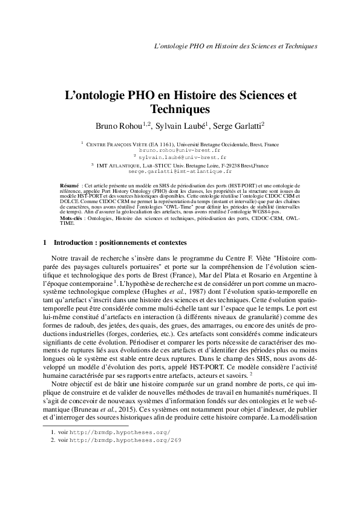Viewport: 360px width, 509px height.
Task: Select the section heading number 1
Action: (x=45, y=243)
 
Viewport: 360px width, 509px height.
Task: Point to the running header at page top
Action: (x=237, y=45)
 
